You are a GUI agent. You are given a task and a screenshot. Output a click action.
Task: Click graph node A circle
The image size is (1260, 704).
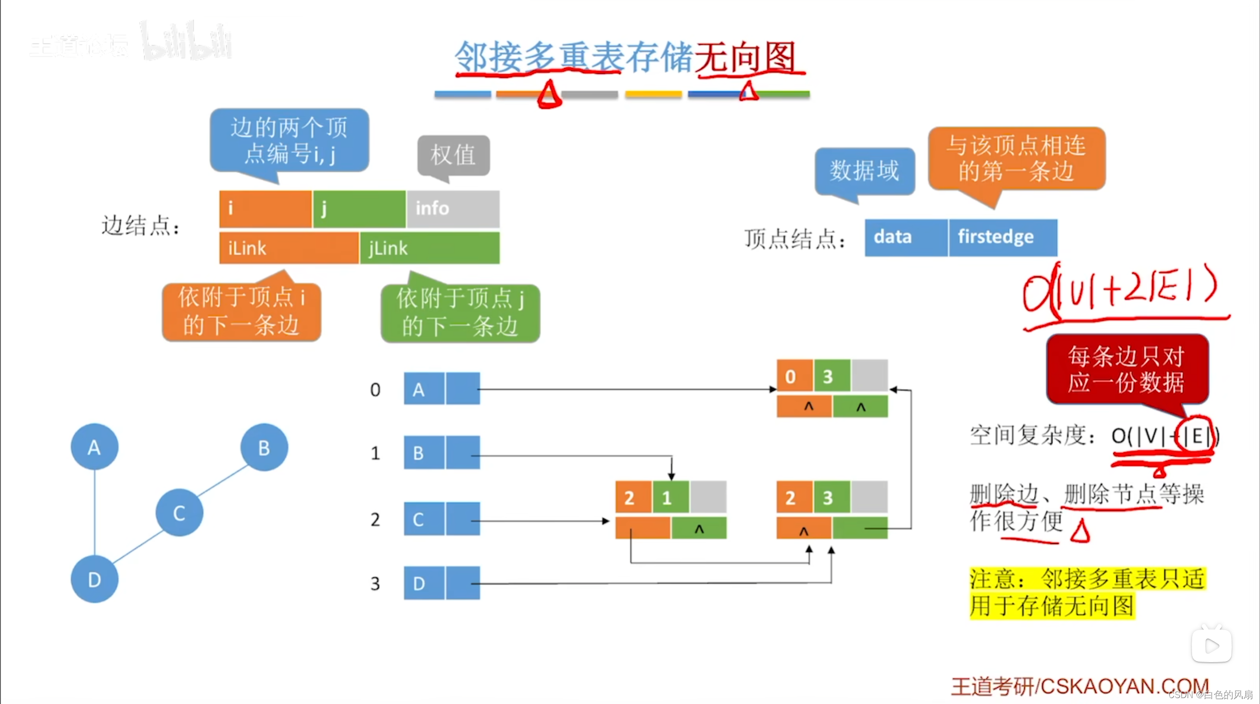(x=94, y=447)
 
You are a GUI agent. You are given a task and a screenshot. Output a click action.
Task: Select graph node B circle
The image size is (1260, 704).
(x=264, y=447)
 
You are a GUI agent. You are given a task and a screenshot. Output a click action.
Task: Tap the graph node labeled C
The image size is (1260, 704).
(x=179, y=513)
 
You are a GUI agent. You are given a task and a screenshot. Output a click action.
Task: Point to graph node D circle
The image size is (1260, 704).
(x=94, y=579)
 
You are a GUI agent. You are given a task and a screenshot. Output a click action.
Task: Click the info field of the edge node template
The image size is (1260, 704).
(x=453, y=208)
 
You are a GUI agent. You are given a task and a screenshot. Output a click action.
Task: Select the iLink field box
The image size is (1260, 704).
(x=289, y=248)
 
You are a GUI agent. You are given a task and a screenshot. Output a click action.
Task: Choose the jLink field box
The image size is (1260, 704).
(x=430, y=248)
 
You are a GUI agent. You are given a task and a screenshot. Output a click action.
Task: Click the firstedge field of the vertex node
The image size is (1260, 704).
(x=1002, y=237)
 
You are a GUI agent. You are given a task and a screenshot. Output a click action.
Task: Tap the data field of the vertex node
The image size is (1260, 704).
(x=906, y=237)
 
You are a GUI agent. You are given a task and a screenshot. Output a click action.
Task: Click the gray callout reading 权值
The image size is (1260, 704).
(x=453, y=155)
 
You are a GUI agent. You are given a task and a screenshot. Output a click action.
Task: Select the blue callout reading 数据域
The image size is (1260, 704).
(x=864, y=171)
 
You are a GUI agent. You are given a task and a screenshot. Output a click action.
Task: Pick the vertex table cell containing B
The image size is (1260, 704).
(x=424, y=453)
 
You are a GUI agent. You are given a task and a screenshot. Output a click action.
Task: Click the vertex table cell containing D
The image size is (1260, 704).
(x=424, y=583)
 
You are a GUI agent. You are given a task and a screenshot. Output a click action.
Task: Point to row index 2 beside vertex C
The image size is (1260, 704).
(x=375, y=520)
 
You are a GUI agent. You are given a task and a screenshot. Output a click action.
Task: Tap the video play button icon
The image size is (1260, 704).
(x=1211, y=645)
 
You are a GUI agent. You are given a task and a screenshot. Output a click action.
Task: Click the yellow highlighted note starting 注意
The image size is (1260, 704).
(x=1087, y=592)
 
